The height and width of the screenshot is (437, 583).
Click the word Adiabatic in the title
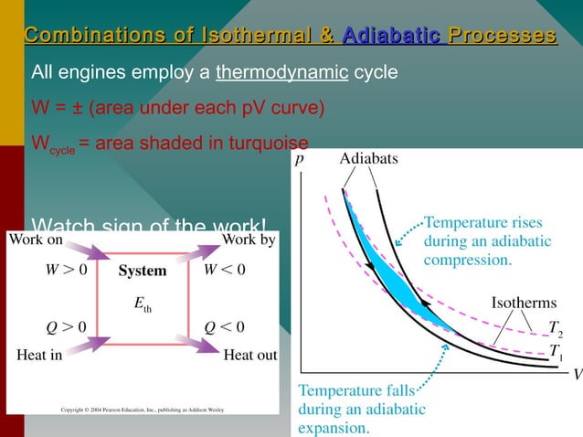[391, 36]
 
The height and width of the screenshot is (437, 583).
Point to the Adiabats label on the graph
[368, 159]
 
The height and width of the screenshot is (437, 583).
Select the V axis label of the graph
[577, 374]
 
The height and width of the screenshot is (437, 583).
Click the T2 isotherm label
[555, 328]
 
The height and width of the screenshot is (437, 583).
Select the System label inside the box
[143, 271]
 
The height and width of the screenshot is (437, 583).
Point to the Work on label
[37, 240]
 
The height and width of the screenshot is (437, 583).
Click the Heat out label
[249, 356]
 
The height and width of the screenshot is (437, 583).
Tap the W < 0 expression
[223, 271]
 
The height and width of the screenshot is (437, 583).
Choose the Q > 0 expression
[67, 326]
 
